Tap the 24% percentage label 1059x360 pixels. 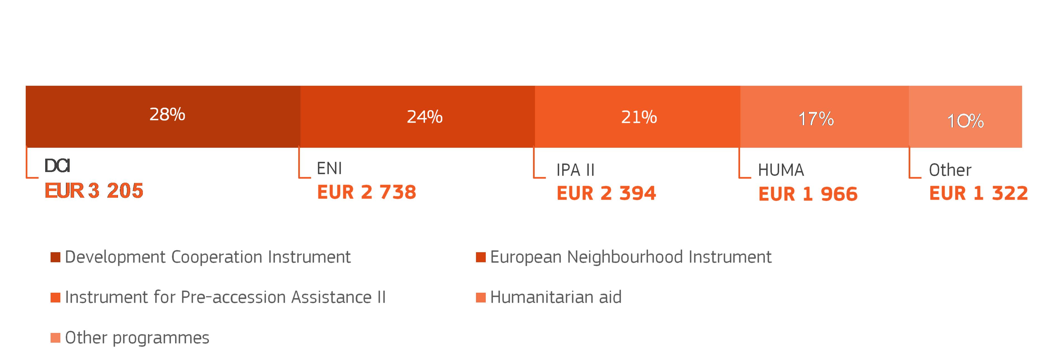click(x=425, y=117)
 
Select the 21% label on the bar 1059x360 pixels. click(x=639, y=117)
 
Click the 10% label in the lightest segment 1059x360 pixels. click(x=965, y=121)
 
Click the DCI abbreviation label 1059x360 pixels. click(x=57, y=166)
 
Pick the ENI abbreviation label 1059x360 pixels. click(x=329, y=168)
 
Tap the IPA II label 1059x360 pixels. click(x=575, y=170)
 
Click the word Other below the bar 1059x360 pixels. click(x=950, y=170)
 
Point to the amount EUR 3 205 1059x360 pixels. click(x=94, y=191)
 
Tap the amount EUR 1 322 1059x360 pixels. click(x=979, y=193)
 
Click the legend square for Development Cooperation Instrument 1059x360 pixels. click(x=56, y=257)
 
